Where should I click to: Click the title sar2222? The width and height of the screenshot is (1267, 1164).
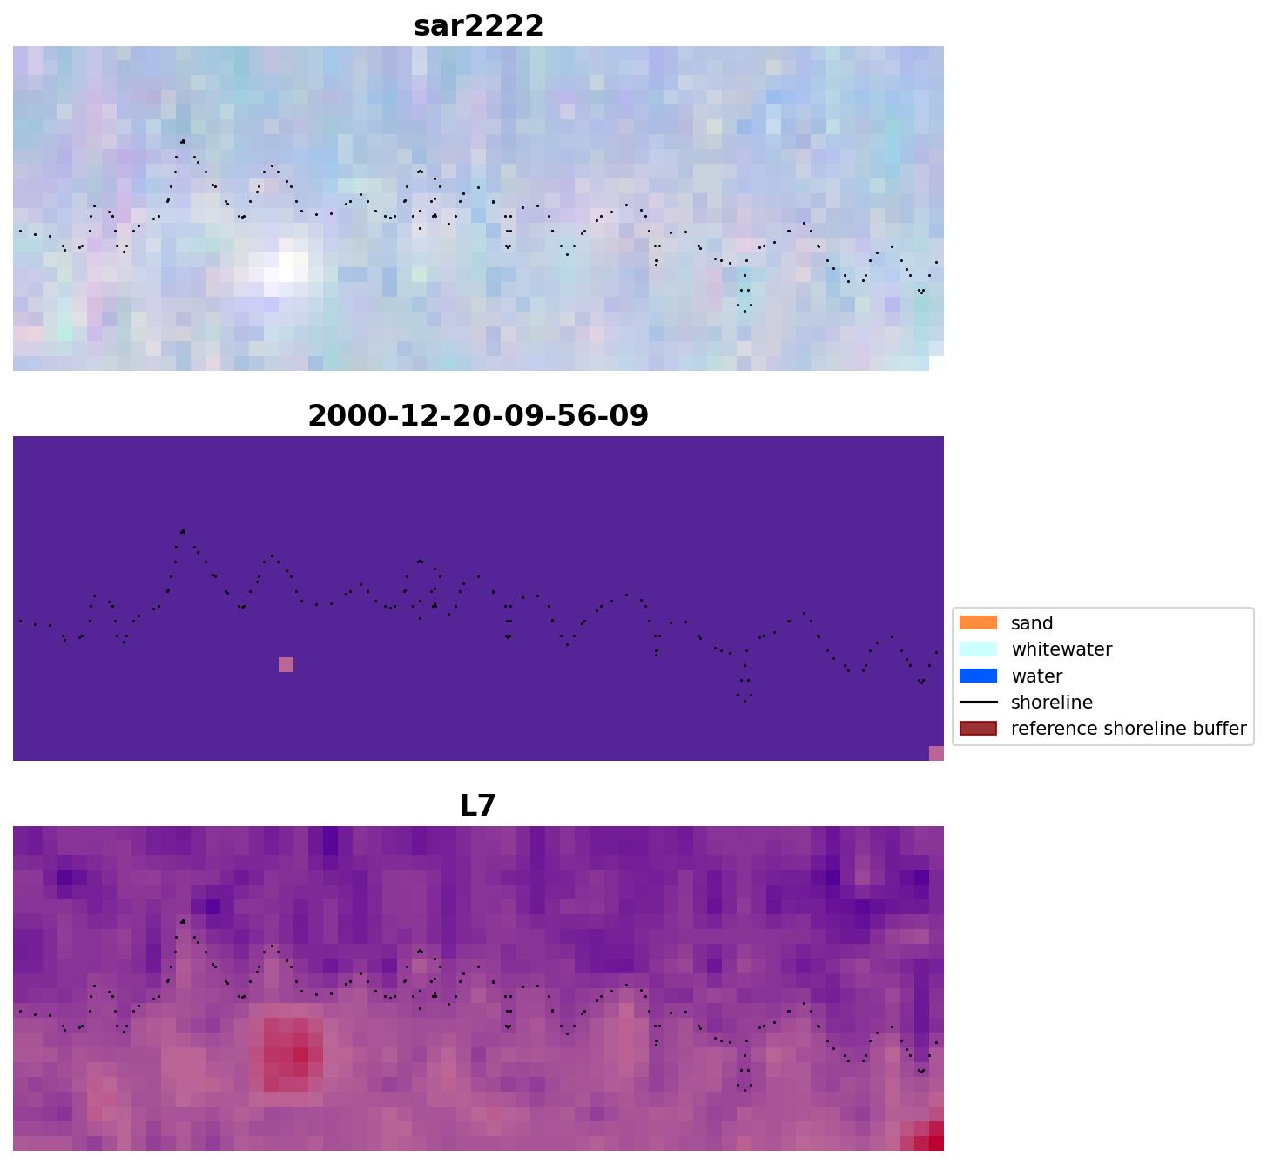click(478, 26)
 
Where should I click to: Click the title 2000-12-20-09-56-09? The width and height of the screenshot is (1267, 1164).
click(478, 415)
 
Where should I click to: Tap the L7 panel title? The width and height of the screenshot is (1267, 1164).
click(477, 805)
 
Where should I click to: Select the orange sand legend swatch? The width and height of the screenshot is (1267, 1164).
click(978, 622)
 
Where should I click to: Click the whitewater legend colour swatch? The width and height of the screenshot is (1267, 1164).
click(978, 649)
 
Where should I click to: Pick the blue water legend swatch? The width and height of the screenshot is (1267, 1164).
click(978, 676)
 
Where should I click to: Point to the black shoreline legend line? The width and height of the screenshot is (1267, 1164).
click(978, 702)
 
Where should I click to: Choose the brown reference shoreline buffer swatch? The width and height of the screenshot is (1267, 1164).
click(978, 728)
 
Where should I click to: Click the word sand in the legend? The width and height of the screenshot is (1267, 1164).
click(1032, 623)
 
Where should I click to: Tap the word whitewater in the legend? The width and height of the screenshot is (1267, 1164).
click(1061, 649)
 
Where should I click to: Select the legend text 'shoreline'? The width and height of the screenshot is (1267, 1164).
click(1051, 703)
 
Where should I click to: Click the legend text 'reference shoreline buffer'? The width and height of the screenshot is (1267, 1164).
click(1128, 729)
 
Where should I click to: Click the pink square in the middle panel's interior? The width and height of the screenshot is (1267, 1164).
click(286, 665)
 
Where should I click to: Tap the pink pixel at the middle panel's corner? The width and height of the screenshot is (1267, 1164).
click(936, 753)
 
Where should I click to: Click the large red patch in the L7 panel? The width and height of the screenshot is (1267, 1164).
click(292, 1053)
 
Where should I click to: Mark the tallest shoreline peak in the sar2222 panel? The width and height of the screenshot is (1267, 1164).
click(183, 141)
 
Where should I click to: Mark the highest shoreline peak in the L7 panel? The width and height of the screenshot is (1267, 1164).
click(183, 921)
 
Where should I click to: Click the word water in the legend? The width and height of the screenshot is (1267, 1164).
click(1036, 676)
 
